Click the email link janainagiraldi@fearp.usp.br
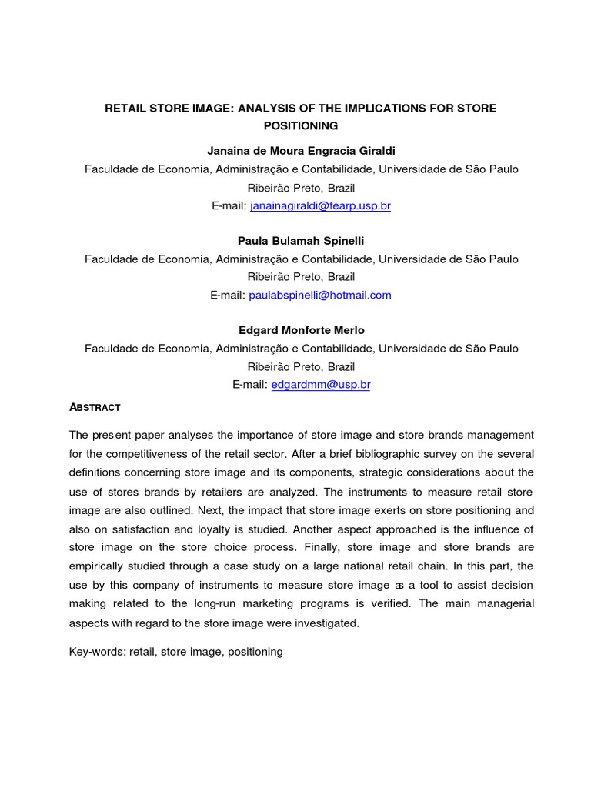(x=320, y=206)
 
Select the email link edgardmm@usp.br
(x=321, y=384)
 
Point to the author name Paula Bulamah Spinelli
(x=301, y=241)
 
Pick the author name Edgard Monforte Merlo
(x=301, y=330)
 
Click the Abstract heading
(x=95, y=407)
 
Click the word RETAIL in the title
(x=125, y=109)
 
